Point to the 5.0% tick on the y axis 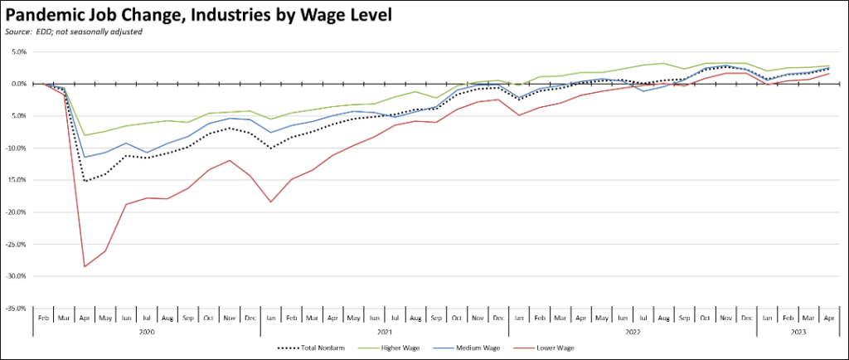(19, 52)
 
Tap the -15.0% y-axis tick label (17, 180)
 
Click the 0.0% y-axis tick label (19, 84)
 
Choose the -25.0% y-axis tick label (17, 244)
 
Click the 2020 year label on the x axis (146, 332)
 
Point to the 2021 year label (384, 332)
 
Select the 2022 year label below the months (632, 332)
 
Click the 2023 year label (798, 332)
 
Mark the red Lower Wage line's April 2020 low (84, 266)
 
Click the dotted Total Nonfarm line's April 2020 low (84, 181)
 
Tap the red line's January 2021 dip (270, 202)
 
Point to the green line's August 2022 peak (662, 63)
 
